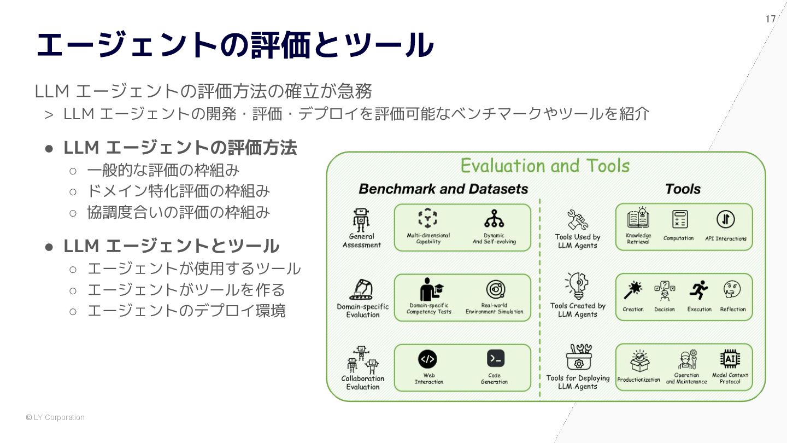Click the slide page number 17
coord(770,19)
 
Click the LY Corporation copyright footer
coord(55,417)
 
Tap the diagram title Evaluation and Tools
coord(545,165)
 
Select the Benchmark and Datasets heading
coord(443,189)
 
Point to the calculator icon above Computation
coord(680,219)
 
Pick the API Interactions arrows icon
coord(725,219)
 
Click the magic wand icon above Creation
coord(633,289)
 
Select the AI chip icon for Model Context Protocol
coord(730,359)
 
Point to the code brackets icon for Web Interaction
coord(427,359)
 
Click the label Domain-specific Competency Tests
coord(429,308)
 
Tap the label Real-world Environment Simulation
coord(494,308)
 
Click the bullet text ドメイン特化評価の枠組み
coord(178,191)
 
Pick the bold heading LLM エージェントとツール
coord(172,246)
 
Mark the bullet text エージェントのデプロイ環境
coord(186,311)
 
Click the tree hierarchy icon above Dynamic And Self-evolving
coord(494,219)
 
